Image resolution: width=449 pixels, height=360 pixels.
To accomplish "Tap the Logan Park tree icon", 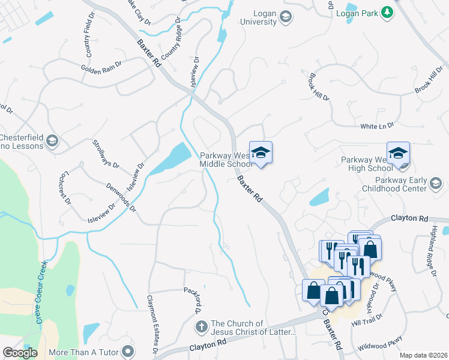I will point(388,12).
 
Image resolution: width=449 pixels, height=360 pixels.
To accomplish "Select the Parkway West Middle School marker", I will point(261,153).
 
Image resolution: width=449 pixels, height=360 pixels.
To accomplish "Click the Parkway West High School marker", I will point(398,153).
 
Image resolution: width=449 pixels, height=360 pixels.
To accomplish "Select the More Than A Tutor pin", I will point(127,350).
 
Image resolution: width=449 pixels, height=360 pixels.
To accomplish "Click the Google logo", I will point(20,353).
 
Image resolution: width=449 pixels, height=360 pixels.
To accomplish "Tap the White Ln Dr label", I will point(377,126).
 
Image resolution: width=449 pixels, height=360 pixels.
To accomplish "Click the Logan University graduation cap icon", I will point(286,17).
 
